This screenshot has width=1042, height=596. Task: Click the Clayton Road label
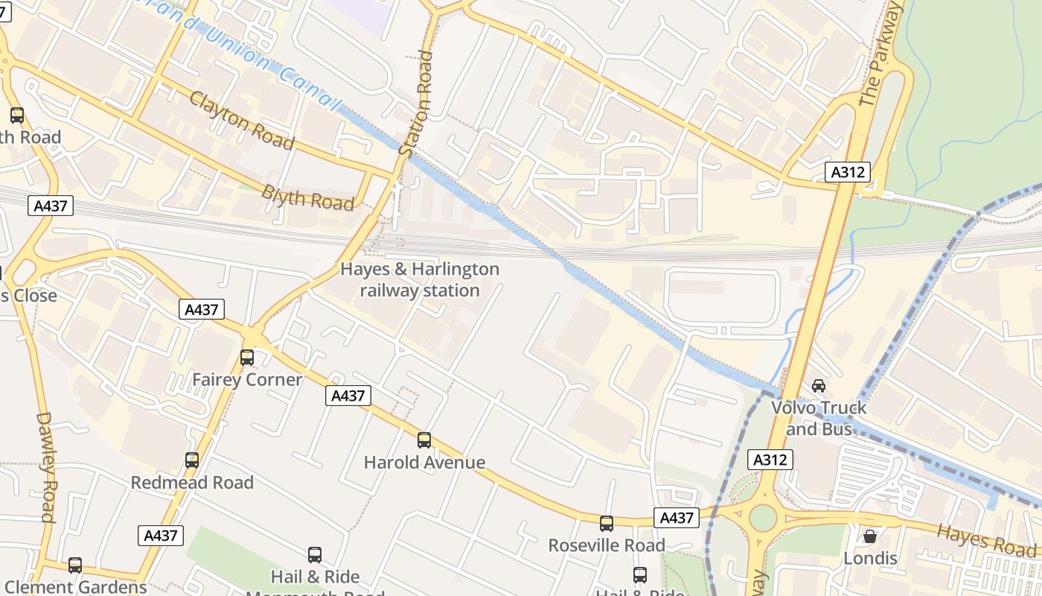tap(241, 120)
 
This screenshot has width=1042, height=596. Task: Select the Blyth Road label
tap(307, 197)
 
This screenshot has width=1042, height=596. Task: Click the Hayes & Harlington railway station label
tap(420, 279)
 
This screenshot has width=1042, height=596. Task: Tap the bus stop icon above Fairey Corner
tap(247, 358)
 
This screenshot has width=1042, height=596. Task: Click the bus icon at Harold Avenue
tap(424, 440)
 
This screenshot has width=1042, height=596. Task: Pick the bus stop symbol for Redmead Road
tap(192, 460)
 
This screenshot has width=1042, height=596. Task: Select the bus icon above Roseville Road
tap(607, 524)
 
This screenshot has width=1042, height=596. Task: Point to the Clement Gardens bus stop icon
tap(75, 565)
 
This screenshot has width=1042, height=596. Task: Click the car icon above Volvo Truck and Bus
tap(819, 385)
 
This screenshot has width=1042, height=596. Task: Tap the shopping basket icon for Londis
tap(869, 536)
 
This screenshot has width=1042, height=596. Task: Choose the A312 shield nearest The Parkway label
tap(848, 172)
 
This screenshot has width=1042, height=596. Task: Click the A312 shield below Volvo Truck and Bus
tap(770, 460)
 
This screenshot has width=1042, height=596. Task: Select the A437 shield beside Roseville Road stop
tap(677, 518)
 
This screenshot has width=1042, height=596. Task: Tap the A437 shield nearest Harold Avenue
tap(348, 396)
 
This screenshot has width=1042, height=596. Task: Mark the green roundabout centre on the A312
tap(763, 518)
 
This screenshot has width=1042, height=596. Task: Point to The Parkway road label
tap(880, 54)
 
